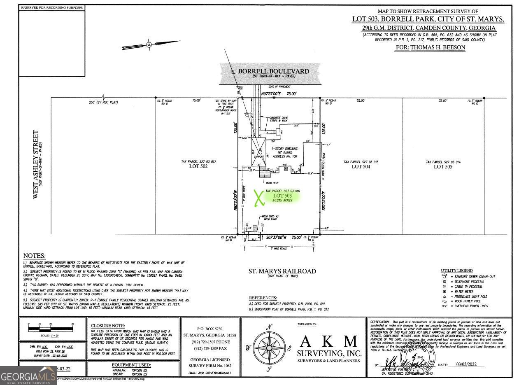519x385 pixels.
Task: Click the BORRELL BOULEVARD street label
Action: click(x=270, y=71)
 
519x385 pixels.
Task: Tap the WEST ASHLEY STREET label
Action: click(x=36, y=165)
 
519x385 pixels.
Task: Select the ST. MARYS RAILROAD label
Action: click(x=282, y=271)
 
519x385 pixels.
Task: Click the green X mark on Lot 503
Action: click(x=258, y=198)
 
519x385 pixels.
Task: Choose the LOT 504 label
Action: click(x=361, y=166)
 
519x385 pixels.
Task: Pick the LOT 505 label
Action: click(x=442, y=166)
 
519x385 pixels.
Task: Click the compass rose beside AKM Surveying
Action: click(x=269, y=348)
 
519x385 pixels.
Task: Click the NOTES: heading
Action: click(x=35, y=256)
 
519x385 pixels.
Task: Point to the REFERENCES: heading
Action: click(x=263, y=297)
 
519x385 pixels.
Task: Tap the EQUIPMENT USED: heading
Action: click(x=131, y=365)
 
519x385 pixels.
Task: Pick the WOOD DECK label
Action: click(x=272, y=182)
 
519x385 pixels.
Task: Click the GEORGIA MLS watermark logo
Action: click(x=28, y=376)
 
